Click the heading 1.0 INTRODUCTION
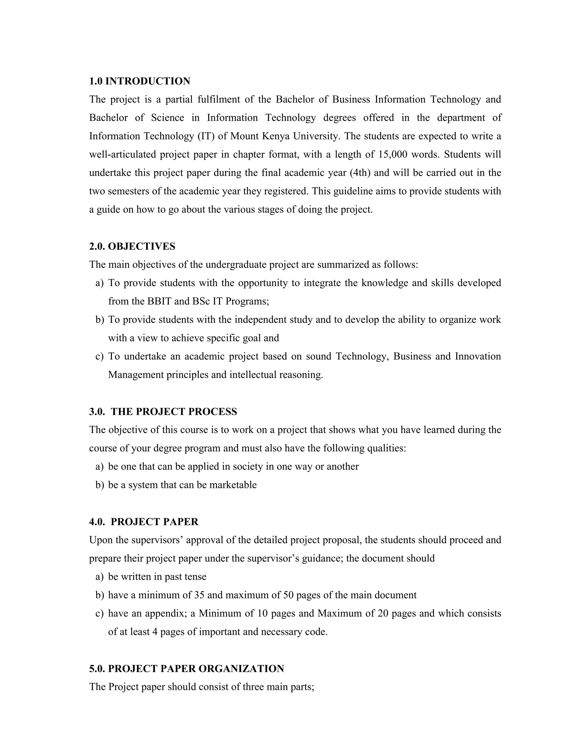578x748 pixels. (140, 81)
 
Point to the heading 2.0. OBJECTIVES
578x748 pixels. (132, 246)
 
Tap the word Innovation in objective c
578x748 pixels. (478, 356)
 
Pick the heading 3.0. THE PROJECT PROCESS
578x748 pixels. (163, 411)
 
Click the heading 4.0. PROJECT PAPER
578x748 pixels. (144, 522)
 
